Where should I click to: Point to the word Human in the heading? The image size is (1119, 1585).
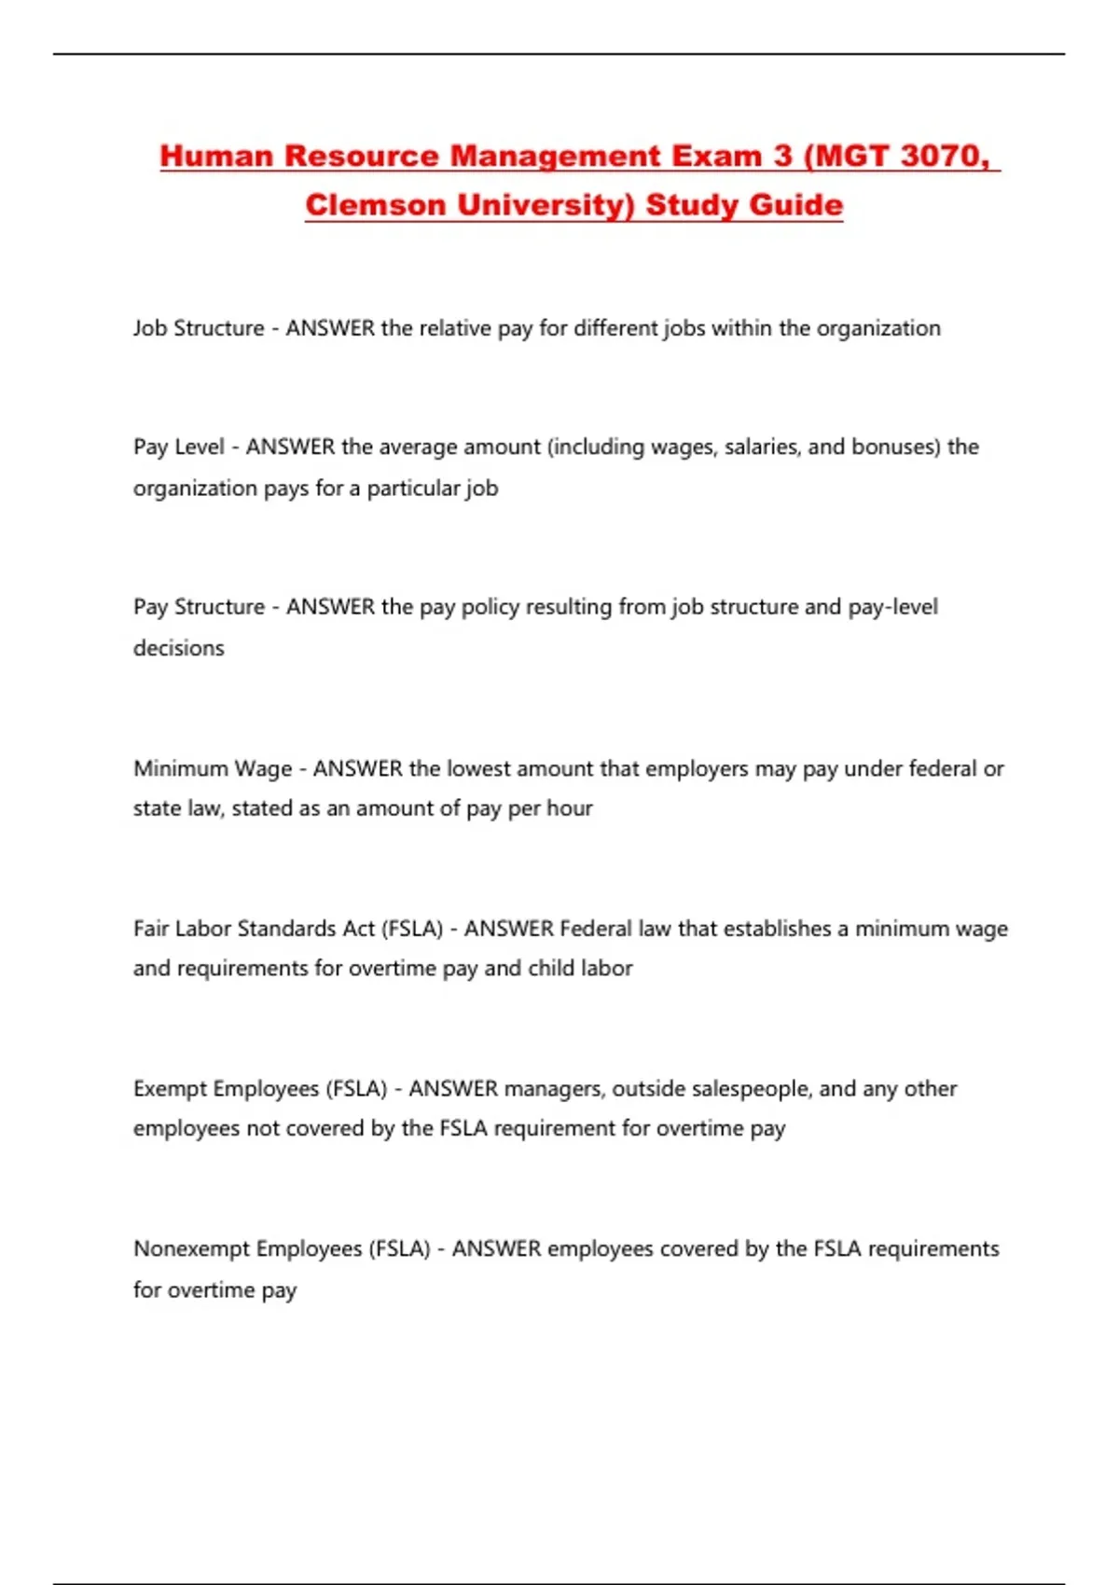pyautogui.click(x=216, y=156)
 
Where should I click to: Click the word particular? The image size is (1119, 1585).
pyautogui.click(x=413, y=489)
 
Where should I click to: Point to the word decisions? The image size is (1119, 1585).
pyautogui.click(x=179, y=648)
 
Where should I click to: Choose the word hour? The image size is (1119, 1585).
pyautogui.click(x=570, y=808)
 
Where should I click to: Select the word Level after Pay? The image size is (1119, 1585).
pyautogui.click(x=200, y=447)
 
